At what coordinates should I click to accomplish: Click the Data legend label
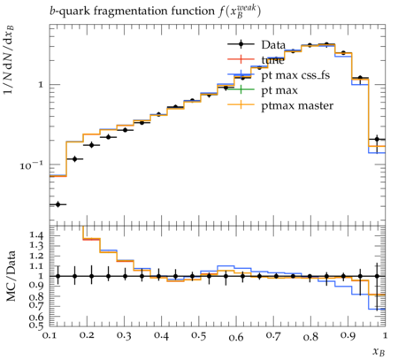point(273,45)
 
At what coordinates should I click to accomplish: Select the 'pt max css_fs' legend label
point(295,75)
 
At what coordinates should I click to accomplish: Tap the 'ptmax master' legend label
point(297,105)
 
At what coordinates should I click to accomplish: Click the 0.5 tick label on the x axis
point(199,335)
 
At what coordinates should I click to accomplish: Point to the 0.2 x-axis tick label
point(87,335)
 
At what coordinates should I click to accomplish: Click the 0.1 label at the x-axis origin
point(50,335)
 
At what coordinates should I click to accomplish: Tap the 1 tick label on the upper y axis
point(41,85)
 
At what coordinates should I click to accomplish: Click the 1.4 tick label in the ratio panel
point(36,235)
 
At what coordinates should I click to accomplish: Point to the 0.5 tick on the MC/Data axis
point(36,325)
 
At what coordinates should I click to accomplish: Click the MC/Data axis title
point(11,276)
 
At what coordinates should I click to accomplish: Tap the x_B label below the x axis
point(379,351)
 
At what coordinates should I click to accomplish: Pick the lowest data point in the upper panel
point(57,204)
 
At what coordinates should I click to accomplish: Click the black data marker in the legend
point(241,44)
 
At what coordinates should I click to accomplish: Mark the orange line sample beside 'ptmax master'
point(241,104)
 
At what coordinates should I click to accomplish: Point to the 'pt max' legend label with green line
point(279,90)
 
